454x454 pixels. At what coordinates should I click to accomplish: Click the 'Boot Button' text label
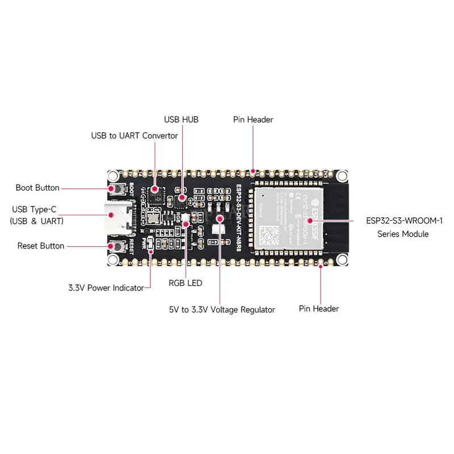(x=37, y=188)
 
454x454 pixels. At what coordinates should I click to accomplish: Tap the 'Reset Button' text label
(x=41, y=246)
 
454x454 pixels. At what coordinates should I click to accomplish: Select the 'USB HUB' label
(x=181, y=120)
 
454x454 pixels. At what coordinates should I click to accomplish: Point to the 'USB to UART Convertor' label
(x=134, y=136)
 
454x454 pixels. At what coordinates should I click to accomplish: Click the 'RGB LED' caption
(x=185, y=283)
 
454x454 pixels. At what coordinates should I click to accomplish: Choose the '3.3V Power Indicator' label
(x=106, y=288)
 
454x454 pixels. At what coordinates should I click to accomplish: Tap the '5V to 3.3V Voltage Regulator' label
(x=221, y=309)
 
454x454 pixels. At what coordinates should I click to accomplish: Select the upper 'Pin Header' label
(x=253, y=120)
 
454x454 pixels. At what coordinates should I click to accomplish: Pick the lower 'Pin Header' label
(x=319, y=309)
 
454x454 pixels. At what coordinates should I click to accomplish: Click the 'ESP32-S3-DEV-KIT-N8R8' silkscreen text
(x=238, y=216)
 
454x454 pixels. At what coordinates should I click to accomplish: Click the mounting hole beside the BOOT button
(x=113, y=176)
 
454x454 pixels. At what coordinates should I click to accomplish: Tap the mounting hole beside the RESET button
(x=113, y=259)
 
